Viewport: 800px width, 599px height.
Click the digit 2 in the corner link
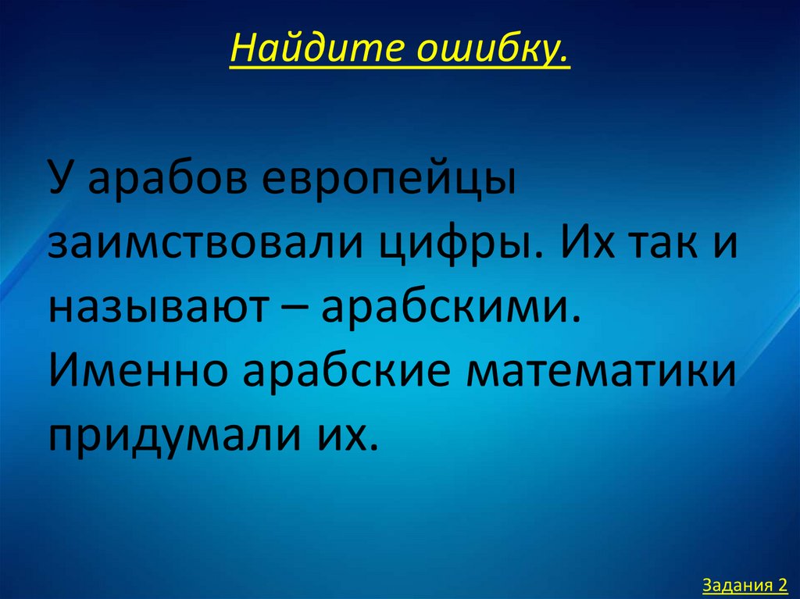click(x=783, y=584)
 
